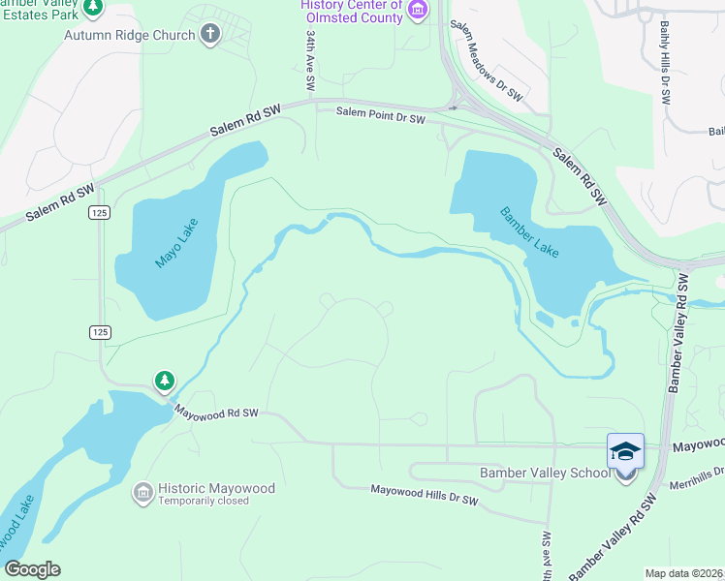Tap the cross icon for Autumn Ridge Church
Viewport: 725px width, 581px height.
coord(209,35)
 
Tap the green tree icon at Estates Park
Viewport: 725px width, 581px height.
coord(93,9)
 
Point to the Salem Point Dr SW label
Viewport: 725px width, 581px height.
coord(381,117)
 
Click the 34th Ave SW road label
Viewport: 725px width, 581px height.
coord(310,60)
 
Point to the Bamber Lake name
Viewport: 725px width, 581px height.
coord(529,232)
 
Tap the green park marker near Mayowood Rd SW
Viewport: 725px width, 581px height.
coord(165,381)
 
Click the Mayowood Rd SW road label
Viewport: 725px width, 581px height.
coord(216,413)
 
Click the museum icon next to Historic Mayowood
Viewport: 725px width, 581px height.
coord(142,494)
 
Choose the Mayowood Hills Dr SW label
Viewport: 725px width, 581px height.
coord(425,495)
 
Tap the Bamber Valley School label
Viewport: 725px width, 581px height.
coord(546,473)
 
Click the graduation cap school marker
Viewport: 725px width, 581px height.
coord(625,452)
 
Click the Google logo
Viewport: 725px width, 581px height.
coord(32,569)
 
